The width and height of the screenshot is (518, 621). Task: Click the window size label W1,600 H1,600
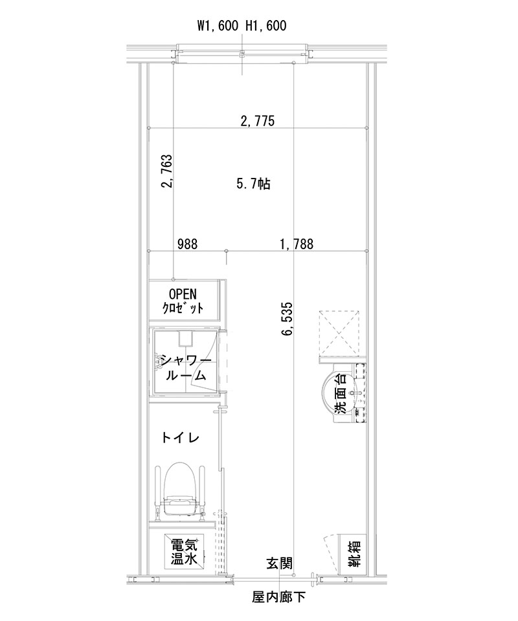(x=242, y=26)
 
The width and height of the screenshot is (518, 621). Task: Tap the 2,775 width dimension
(x=258, y=120)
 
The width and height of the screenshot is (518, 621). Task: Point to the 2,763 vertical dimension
(x=166, y=171)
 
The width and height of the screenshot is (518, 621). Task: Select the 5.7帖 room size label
(x=253, y=184)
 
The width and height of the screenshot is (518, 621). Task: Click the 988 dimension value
(x=187, y=244)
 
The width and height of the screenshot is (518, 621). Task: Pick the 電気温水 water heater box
(x=184, y=552)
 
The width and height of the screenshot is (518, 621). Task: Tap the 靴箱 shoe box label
(x=354, y=554)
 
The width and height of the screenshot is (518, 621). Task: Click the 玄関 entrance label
(x=280, y=563)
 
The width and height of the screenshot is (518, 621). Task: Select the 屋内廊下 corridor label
(x=279, y=596)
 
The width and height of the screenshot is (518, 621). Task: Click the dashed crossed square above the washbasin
(x=340, y=333)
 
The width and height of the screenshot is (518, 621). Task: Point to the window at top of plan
(x=242, y=52)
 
